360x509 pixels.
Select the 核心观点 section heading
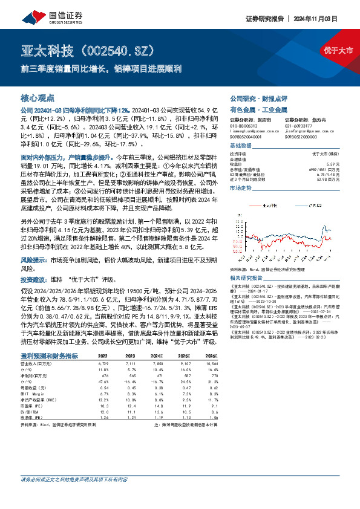click(x=38, y=97)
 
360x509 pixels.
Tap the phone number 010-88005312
click(x=244, y=125)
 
